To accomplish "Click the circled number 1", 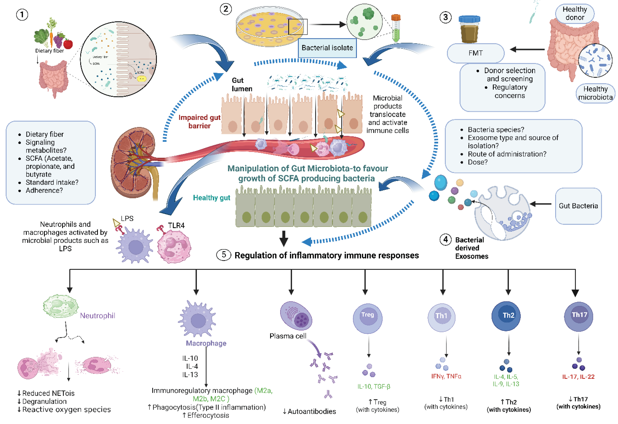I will coord(22,15).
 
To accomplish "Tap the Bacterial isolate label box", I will coord(327,48).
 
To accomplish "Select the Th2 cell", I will coord(506,316).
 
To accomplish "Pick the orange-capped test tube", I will coord(396,28).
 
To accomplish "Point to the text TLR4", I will coord(176,226).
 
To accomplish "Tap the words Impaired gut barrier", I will coord(199,122).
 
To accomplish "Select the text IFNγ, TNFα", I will coord(446,376).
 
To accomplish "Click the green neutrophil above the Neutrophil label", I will coord(61,306).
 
